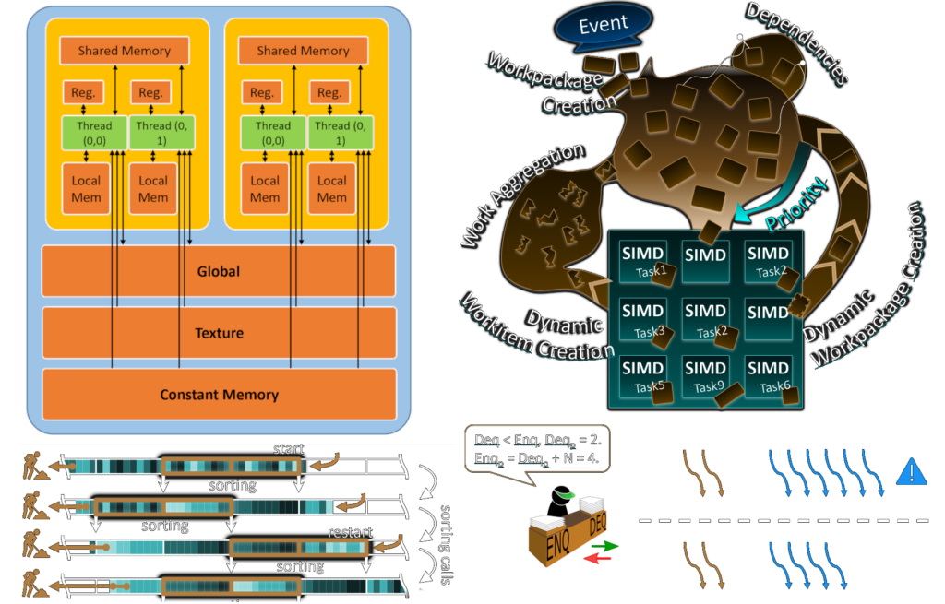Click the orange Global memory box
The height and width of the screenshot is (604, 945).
click(219, 271)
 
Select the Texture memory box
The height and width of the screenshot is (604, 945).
click(219, 332)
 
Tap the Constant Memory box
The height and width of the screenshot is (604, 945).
click(219, 394)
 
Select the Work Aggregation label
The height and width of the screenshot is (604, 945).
click(521, 195)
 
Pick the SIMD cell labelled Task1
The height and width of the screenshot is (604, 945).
click(643, 261)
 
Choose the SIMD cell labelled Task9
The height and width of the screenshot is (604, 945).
click(706, 376)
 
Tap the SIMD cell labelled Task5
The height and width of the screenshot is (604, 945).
click(643, 376)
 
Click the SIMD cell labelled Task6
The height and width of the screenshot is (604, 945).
click(768, 376)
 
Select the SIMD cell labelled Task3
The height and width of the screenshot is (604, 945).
click(643, 319)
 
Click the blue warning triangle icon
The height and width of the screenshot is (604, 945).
click(911, 474)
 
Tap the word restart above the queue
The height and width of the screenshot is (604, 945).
click(351, 532)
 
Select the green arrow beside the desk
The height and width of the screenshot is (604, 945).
click(610, 546)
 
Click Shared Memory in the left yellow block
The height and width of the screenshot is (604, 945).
click(124, 51)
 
